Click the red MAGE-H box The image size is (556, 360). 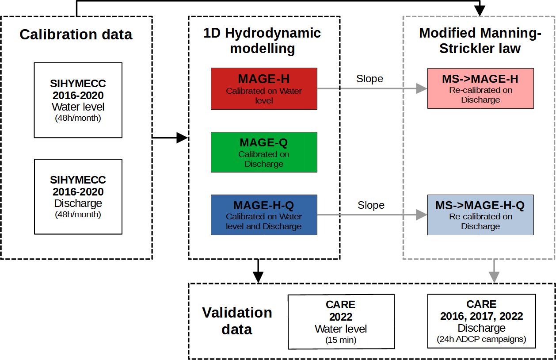click(264, 88)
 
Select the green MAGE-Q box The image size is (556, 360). click(264, 152)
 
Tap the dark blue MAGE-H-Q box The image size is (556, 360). click(264, 214)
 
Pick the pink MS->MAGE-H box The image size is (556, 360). click(480, 88)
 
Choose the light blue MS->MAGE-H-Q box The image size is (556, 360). click(480, 214)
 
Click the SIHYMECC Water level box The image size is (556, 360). click(78, 100)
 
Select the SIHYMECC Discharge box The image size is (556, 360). click(78, 196)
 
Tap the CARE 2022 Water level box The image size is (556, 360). click(341, 322)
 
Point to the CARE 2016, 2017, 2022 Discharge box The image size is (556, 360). click(481, 321)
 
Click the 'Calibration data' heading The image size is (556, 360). click(76, 34)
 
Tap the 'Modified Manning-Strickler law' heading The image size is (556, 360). click(480, 41)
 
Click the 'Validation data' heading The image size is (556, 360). click(237, 321)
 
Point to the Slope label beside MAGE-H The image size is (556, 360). click(370, 79)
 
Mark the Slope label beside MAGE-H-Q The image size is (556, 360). click(371, 205)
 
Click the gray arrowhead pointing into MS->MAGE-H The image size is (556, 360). click(422, 88)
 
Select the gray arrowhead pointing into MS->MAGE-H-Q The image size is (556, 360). click(422, 215)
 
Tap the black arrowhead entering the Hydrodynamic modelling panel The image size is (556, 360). click(183, 138)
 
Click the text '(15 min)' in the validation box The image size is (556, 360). click(341, 340)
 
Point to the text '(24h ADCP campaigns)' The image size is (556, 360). click(481, 340)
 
